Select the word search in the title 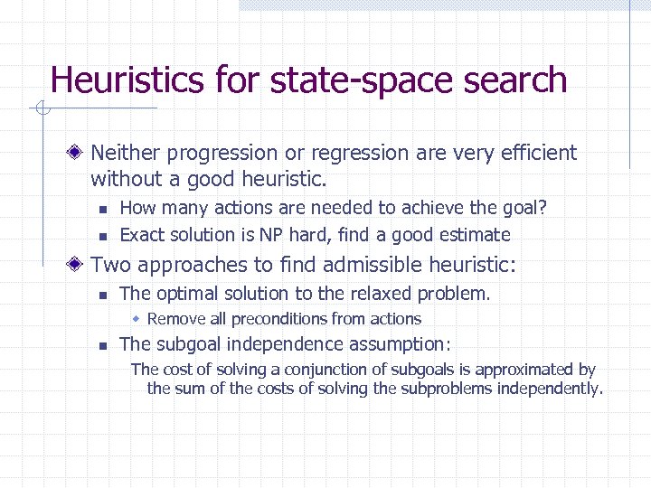(x=514, y=80)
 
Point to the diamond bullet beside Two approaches (x=79, y=265)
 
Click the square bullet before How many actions (x=103, y=209)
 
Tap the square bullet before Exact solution (x=103, y=236)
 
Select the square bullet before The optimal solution (x=103, y=295)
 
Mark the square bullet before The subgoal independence (x=103, y=345)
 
